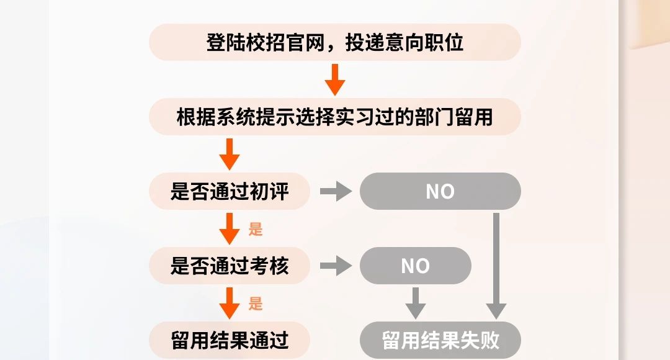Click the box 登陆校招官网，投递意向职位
(x=335, y=42)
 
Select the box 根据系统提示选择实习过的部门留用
(x=335, y=117)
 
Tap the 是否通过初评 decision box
(x=230, y=191)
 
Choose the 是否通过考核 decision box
(x=230, y=266)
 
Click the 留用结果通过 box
(x=230, y=340)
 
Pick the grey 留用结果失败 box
(x=440, y=340)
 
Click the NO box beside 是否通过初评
(x=440, y=191)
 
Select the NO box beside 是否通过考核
(x=416, y=266)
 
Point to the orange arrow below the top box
(x=335, y=79)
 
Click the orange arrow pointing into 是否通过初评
(x=230, y=154)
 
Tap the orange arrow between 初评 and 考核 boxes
(x=230, y=228)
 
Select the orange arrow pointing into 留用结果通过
(x=230, y=303)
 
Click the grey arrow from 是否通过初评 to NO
(x=336, y=191)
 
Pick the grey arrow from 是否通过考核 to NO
(x=336, y=266)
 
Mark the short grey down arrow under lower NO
(x=416, y=302)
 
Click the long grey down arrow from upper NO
(x=496, y=267)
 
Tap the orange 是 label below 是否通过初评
(x=256, y=229)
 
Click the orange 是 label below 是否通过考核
(x=256, y=304)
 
